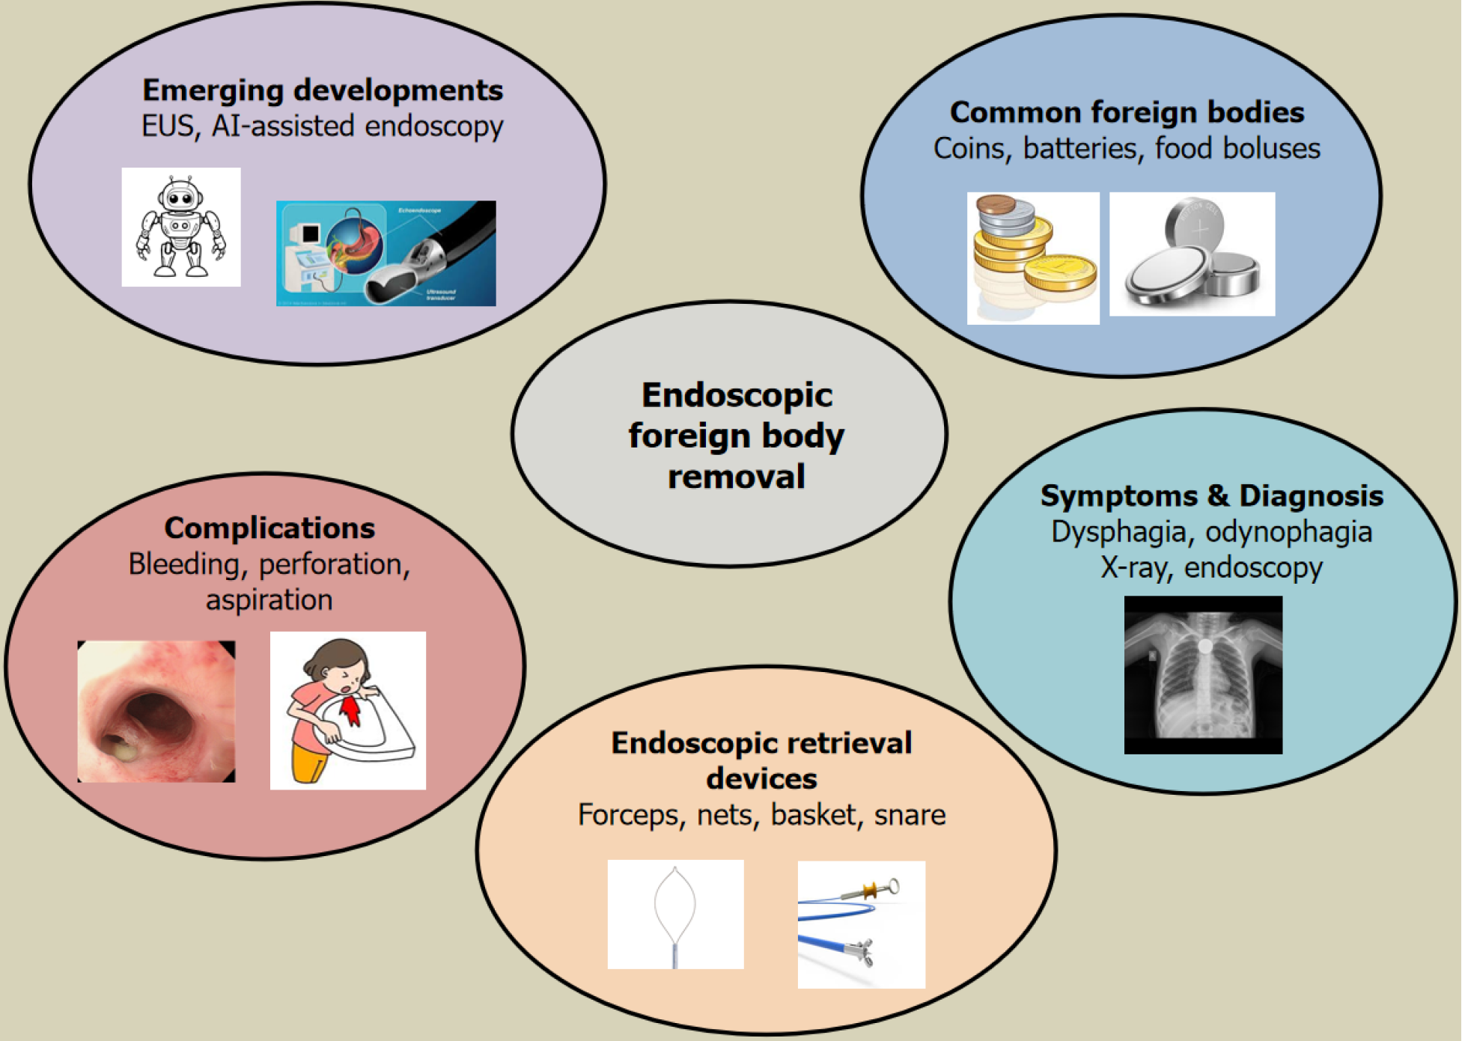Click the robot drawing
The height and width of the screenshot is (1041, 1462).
coord(181,227)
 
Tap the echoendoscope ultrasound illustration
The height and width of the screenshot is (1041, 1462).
coord(386,253)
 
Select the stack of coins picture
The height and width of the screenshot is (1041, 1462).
coord(1033,258)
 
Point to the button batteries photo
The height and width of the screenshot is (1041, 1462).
coord(1192,254)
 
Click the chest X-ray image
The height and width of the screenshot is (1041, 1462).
coord(1203,674)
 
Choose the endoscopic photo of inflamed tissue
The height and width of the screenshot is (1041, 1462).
coord(156,711)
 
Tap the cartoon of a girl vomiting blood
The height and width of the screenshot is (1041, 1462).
coord(348,710)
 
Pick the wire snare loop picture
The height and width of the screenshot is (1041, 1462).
coord(675,915)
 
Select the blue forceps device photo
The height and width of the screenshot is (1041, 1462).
coord(861,925)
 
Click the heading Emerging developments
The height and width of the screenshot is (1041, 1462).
coord(323,91)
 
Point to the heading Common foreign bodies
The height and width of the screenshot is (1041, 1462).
coord(1127,112)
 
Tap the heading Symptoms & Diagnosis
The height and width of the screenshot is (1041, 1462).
coord(1211,496)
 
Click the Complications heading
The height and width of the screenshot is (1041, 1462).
coord(269,528)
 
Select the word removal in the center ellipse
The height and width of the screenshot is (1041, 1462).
coord(736,477)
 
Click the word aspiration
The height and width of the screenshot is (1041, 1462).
coord(269,600)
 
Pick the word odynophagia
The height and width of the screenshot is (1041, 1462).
coord(1288,532)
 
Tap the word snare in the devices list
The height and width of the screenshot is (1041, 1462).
coord(910,814)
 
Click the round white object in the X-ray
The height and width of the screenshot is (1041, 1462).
coord(1204,645)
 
